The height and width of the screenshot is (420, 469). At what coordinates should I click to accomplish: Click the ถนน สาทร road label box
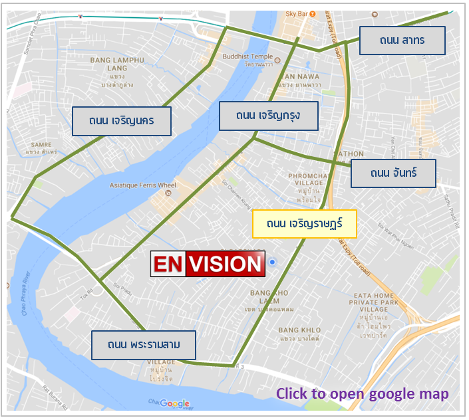[402, 41]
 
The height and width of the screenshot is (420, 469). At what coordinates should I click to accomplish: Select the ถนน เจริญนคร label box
[122, 121]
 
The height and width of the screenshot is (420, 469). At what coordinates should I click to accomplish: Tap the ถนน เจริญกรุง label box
[268, 116]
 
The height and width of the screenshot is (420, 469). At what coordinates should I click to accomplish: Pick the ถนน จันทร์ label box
[393, 173]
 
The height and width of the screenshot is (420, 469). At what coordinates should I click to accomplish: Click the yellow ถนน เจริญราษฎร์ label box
[305, 224]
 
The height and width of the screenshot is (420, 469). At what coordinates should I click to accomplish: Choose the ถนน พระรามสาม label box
[144, 346]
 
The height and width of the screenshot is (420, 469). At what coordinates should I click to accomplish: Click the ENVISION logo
[208, 264]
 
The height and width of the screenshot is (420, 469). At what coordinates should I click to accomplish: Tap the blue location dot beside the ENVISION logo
[272, 263]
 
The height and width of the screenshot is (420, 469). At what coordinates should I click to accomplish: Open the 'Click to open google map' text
[363, 393]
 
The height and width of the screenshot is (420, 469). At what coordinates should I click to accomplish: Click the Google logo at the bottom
[174, 403]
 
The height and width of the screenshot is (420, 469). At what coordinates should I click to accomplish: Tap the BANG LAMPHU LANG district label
[117, 64]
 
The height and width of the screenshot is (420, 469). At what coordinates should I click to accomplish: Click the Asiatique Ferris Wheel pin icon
[168, 194]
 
